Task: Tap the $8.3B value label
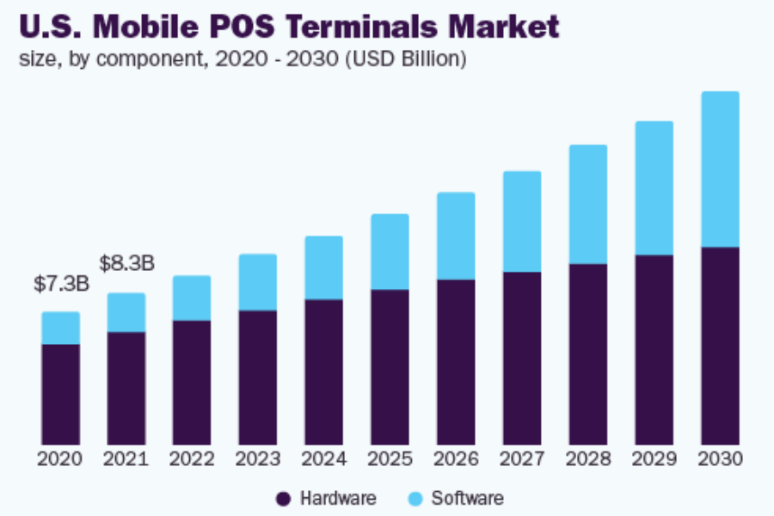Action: click(126, 263)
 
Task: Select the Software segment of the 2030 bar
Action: click(720, 169)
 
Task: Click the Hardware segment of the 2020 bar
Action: click(61, 395)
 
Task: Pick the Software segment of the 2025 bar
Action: click(390, 252)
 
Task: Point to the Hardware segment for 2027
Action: click(522, 359)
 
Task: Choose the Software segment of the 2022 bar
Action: click(192, 298)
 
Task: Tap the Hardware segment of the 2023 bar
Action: click(258, 378)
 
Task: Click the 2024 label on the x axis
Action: click(323, 458)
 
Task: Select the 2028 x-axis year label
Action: click(587, 458)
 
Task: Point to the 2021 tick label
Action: click(126, 458)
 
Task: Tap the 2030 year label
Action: click(720, 458)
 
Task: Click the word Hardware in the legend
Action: click(338, 498)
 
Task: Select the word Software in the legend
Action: click(467, 498)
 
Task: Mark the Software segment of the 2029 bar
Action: click(654, 188)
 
